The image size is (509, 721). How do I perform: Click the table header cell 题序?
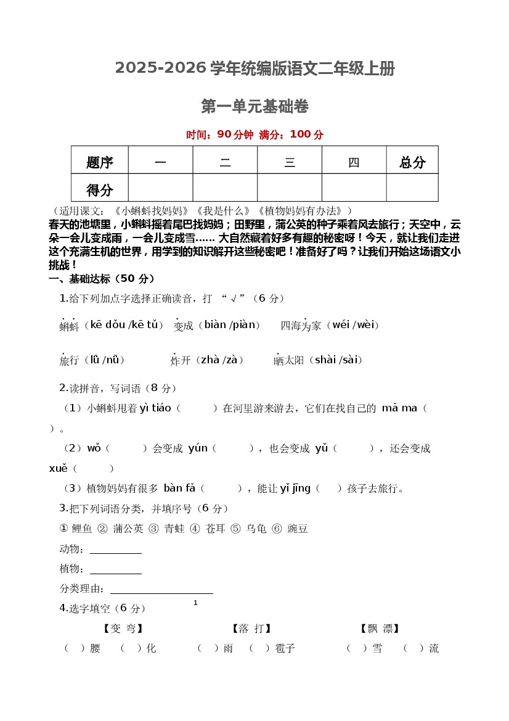click(100, 162)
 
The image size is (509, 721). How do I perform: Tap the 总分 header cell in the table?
click(412, 162)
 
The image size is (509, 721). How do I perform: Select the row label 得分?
click(100, 189)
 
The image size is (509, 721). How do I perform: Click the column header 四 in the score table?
click(354, 162)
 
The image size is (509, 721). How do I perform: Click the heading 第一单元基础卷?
click(254, 107)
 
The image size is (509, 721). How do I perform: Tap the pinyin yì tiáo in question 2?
click(155, 408)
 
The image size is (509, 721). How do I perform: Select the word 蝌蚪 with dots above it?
click(69, 326)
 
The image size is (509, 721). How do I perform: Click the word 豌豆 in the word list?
click(298, 529)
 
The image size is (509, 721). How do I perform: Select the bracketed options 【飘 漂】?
click(380, 628)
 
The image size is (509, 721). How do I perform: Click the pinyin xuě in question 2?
click(58, 468)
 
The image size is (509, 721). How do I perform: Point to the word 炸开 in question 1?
click(181, 360)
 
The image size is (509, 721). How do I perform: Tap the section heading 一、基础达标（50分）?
click(102, 279)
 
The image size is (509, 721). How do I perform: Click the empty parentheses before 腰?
click(74, 648)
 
